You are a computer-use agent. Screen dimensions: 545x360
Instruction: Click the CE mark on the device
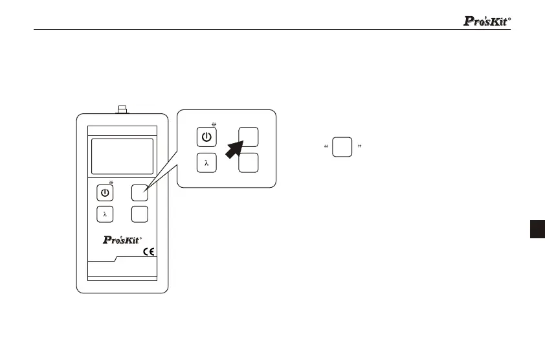tap(148, 253)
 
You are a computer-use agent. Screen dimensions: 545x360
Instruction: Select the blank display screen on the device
tap(122, 156)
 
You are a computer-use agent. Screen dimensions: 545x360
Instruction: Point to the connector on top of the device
tap(122, 108)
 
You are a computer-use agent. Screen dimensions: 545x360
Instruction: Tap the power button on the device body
tap(105, 192)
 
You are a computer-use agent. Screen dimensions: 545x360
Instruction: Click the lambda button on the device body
tap(105, 213)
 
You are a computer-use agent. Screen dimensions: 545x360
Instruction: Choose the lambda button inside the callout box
tap(206, 163)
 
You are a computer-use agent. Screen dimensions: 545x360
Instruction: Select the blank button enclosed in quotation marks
tap(342, 147)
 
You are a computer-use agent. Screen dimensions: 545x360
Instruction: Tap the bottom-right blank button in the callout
tap(249, 163)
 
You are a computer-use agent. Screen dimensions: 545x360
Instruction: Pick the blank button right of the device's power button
tap(140, 192)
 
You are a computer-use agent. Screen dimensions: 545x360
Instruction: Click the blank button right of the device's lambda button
tap(140, 213)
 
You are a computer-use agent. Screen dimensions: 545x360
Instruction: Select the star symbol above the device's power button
tap(111, 183)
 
